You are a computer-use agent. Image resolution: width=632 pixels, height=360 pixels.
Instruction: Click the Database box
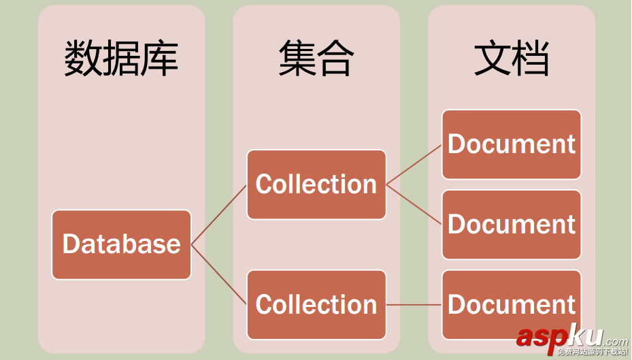point(121,244)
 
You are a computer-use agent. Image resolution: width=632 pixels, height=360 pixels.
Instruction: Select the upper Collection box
point(316,184)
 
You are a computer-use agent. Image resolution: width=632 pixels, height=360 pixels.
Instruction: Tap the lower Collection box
point(316,304)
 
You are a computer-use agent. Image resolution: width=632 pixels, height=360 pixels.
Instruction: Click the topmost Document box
point(512,144)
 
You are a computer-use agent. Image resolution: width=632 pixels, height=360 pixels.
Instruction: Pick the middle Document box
point(512,225)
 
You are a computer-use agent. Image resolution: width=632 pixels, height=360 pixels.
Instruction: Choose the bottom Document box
point(512,304)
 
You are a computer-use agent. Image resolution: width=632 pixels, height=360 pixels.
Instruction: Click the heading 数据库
point(121,59)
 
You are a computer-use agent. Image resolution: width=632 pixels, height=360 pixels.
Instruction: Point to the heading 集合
point(316,59)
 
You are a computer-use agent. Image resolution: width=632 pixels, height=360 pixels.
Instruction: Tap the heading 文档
point(512,59)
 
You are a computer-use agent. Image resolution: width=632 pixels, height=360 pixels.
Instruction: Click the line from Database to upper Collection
point(219,214)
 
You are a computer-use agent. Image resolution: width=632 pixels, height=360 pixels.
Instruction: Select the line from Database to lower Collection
point(219,275)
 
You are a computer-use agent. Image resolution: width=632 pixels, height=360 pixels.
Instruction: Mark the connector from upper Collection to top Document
point(414,164)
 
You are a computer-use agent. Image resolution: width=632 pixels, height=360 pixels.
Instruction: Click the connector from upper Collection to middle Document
point(414,204)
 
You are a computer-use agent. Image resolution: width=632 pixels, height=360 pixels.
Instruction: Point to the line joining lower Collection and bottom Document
point(414,304)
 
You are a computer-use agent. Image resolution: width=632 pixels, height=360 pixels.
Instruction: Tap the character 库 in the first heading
point(160,59)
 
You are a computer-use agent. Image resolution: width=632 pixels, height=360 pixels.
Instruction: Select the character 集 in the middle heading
point(297,59)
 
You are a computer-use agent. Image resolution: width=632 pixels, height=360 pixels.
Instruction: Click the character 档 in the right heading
point(531,59)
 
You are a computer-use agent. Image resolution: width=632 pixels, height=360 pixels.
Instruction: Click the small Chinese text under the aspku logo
point(592,352)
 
